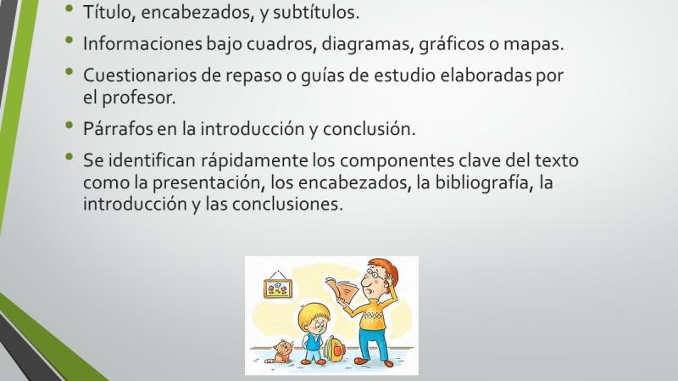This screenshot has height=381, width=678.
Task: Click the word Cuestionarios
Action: tap(140, 76)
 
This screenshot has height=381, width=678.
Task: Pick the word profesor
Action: tap(139, 98)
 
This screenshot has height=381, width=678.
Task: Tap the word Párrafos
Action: tap(118, 129)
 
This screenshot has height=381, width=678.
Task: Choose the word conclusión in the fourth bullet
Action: tap(369, 129)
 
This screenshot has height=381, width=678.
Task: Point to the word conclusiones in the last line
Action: tap(287, 204)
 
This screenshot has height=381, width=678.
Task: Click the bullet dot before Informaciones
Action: tap(69, 40)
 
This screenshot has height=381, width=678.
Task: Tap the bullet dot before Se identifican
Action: tap(69, 156)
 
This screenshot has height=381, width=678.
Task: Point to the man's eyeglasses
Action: tap(372, 273)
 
